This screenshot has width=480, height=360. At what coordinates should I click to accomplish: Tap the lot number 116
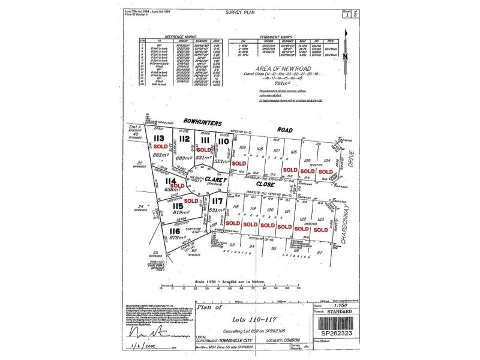coord(175,231)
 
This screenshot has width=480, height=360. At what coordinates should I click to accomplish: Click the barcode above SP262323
coord(333,319)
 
